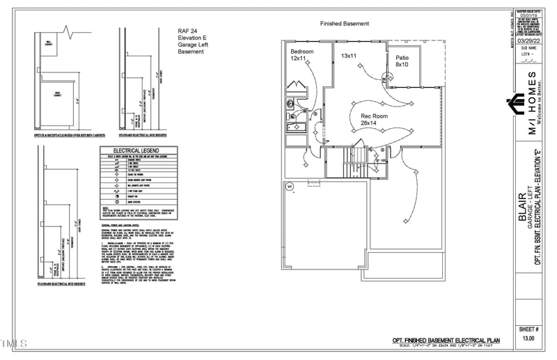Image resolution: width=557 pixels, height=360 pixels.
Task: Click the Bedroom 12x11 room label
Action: coord(302,56)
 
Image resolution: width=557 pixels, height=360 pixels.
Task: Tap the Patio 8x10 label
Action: coord(402,61)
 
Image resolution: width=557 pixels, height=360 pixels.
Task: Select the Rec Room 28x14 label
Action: coord(374,120)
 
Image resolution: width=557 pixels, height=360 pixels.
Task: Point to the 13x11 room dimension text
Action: coord(349,55)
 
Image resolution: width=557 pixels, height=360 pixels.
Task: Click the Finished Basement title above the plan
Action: coord(344,23)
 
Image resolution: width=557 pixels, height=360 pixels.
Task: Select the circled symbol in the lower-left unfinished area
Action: coord(290,185)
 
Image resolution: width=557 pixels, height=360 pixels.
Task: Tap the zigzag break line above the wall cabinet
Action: coord(68,31)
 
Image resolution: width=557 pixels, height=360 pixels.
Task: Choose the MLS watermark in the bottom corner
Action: coord(13,343)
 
